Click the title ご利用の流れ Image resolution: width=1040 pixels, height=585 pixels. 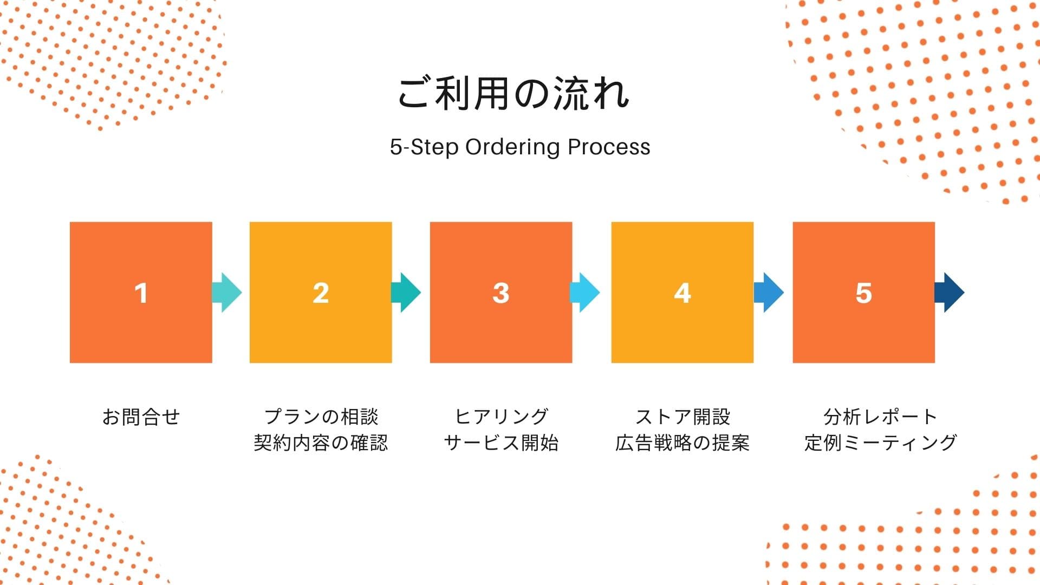513,93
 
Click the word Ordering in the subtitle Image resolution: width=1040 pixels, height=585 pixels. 512,147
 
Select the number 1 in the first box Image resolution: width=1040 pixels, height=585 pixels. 141,293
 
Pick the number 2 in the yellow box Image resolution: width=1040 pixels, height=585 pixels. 321,293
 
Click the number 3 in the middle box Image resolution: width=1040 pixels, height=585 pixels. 501,293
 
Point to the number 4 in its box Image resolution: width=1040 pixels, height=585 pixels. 682,293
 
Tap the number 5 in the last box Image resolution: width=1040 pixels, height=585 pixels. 863,293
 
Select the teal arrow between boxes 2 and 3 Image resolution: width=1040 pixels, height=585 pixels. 407,292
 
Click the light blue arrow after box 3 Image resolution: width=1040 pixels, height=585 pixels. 586,292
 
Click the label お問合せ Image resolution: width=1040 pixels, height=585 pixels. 141,417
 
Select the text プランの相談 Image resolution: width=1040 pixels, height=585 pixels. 321,417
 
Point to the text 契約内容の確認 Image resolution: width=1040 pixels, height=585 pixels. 321,443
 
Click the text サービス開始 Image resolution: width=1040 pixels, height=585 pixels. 501,443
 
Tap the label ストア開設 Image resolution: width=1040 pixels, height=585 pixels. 682,417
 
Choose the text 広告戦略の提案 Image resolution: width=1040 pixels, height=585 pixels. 682,443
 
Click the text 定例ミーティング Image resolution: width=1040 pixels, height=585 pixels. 881,443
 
